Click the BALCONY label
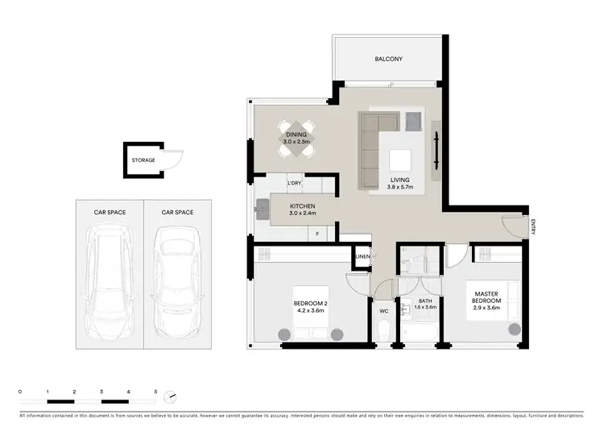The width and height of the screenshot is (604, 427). (x=388, y=60)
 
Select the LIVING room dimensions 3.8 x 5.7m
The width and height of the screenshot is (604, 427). (x=399, y=188)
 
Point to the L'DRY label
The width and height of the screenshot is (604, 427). (x=295, y=184)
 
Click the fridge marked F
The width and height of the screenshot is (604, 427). (x=318, y=234)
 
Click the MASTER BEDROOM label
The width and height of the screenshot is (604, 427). (x=487, y=296)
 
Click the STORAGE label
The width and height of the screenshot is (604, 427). (x=143, y=160)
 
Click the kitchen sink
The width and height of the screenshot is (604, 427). (x=262, y=210)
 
